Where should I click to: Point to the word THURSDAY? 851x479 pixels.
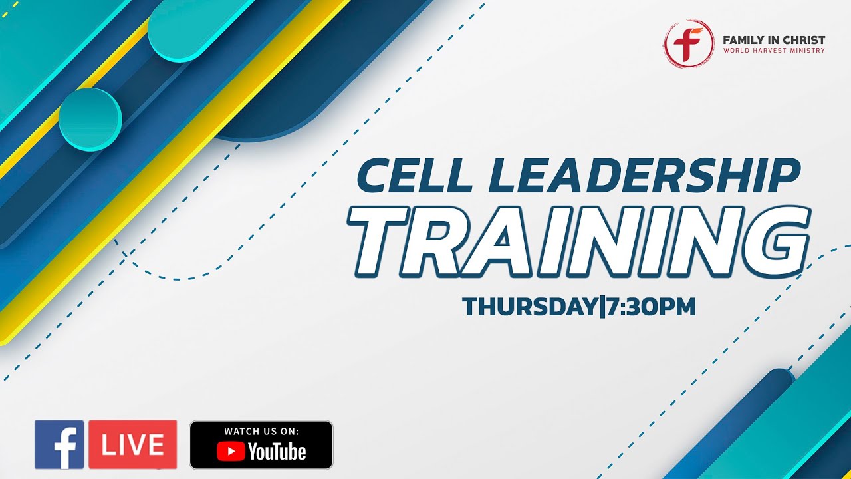[x=530, y=307]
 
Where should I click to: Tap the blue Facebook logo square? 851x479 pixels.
[x=59, y=444]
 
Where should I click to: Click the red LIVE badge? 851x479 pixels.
[x=133, y=444]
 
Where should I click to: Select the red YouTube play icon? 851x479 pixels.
[x=230, y=452]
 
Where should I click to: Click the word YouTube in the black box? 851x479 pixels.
[x=277, y=452]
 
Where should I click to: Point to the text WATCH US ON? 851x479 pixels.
[x=261, y=431]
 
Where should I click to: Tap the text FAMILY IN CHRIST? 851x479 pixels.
[x=774, y=40]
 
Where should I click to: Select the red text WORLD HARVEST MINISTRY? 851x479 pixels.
[x=774, y=51]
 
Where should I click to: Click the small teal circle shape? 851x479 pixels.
[x=90, y=119]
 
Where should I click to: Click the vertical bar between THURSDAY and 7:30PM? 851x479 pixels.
[x=602, y=307]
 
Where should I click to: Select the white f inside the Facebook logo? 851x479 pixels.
[x=64, y=449]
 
